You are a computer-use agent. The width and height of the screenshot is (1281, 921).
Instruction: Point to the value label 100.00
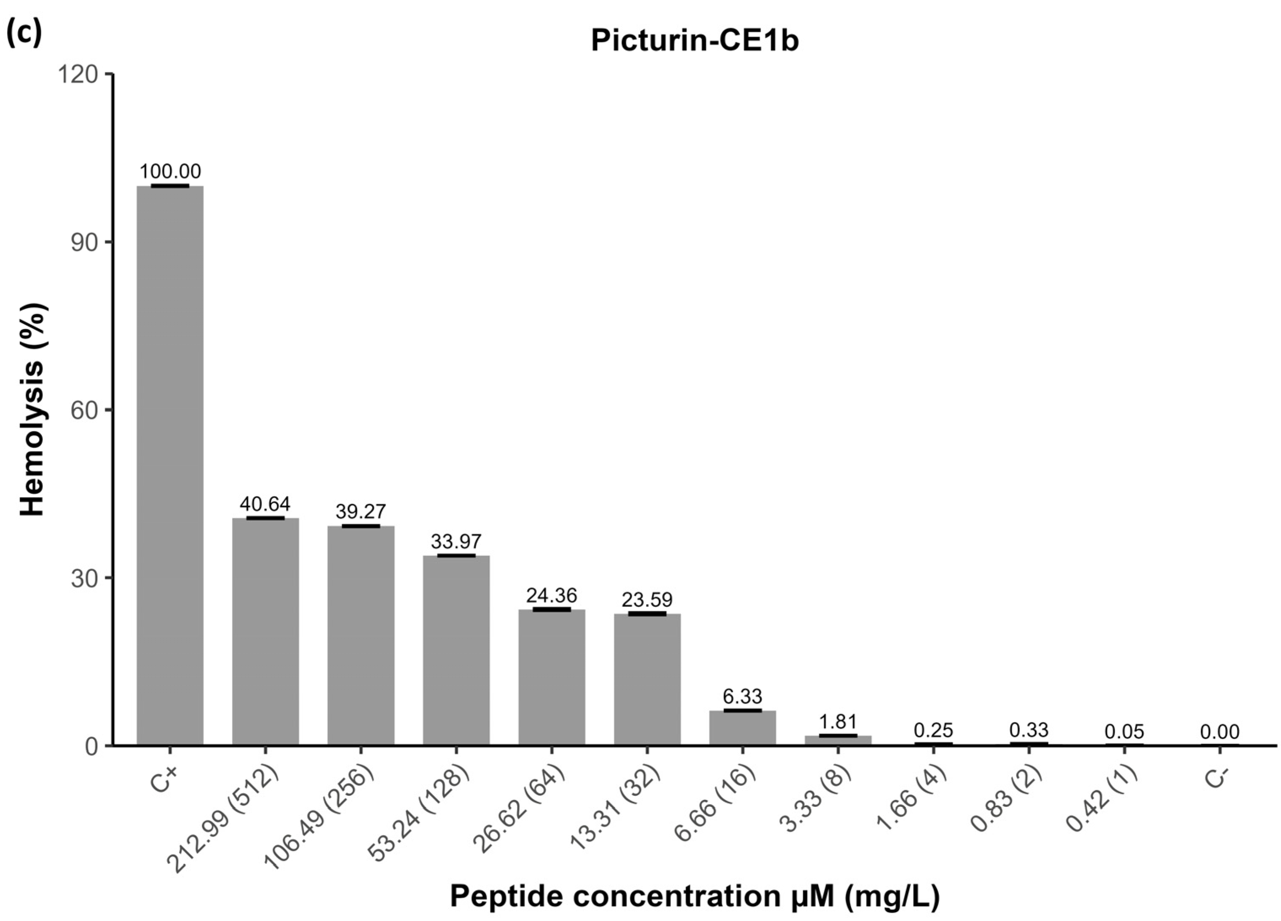click(x=169, y=171)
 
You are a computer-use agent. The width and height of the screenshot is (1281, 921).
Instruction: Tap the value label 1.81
click(x=838, y=722)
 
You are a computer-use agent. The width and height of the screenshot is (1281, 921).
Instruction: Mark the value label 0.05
click(x=1124, y=732)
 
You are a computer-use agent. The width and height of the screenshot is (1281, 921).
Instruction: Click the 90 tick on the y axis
click(x=85, y=242)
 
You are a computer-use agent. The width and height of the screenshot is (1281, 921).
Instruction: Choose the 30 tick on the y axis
click(x=85, y=578)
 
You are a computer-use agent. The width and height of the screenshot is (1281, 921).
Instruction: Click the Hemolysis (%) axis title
click(x=33, y=410)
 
